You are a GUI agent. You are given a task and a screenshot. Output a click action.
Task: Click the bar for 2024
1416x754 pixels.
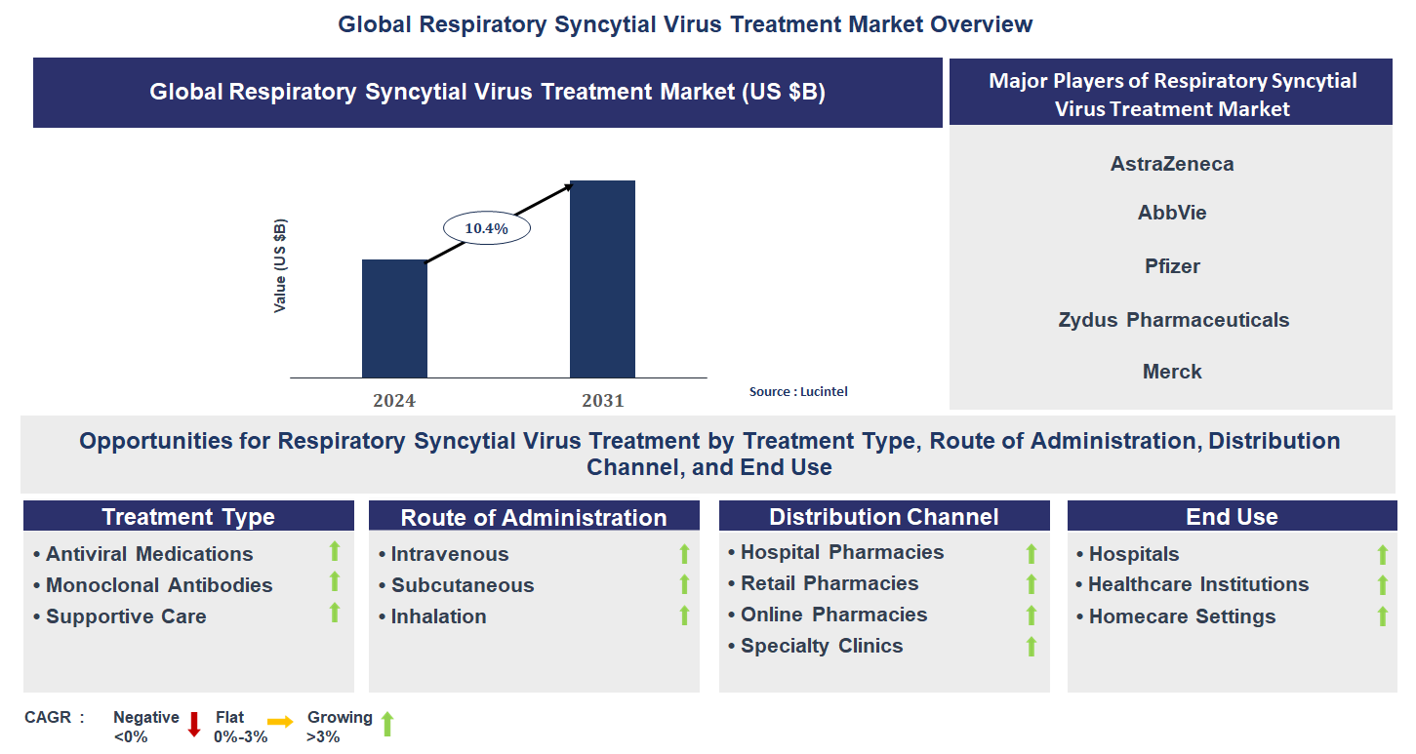(x=394, y=318)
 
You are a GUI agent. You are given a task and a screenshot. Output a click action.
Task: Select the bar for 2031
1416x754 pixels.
(x=602, y=279)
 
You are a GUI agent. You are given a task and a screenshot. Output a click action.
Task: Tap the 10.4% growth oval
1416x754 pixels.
(x=486, y=228)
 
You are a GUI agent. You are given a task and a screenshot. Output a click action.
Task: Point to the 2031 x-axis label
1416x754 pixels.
(x=602, y=401)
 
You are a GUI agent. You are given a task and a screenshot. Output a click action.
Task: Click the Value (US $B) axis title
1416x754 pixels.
(x=281, y=265)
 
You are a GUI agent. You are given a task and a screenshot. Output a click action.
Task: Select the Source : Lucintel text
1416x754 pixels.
(x=798, y=391)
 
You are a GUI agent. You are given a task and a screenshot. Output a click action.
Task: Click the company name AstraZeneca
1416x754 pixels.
(x=1171, y=164)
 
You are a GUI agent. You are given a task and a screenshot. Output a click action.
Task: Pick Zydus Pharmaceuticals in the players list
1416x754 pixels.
(x=1173, y=320)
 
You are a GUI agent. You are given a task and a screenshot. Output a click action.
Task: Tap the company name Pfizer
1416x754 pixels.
(x=1172, y=266)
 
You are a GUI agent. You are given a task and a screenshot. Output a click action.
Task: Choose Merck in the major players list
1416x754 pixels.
(x=1172, y=372)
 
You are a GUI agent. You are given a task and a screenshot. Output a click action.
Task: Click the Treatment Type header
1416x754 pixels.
(x=188, y=517)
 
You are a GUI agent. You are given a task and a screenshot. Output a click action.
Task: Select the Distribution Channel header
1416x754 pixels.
(x=883, y=517)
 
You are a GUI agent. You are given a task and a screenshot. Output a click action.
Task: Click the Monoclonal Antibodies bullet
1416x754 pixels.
(x=158, y=585)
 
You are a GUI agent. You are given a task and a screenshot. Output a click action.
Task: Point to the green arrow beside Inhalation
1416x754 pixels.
(x=684, y=615)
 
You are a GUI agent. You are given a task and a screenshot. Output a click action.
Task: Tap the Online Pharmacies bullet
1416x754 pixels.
(x=833, y=615)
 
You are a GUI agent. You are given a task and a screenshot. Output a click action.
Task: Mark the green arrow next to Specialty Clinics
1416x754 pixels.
(x=1031, y=646)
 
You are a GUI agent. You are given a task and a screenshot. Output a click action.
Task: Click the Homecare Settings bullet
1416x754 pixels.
(x=1182, y=616)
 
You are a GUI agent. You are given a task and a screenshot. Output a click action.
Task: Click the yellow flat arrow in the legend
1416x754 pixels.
(x=280, y=723)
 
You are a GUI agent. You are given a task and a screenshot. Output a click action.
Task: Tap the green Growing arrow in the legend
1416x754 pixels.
(x=386, y=724)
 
